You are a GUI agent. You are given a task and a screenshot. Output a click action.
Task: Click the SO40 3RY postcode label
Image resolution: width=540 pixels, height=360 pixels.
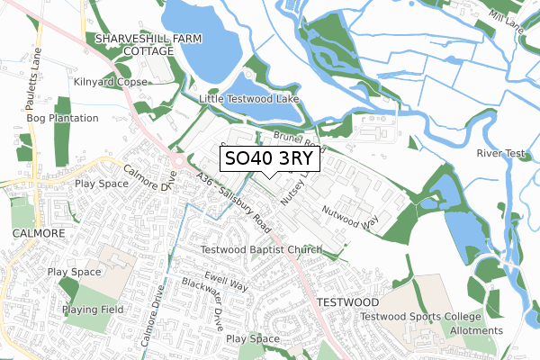click(268, 159)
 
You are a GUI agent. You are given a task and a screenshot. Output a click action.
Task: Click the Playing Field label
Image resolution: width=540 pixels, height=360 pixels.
click(92, 310)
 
